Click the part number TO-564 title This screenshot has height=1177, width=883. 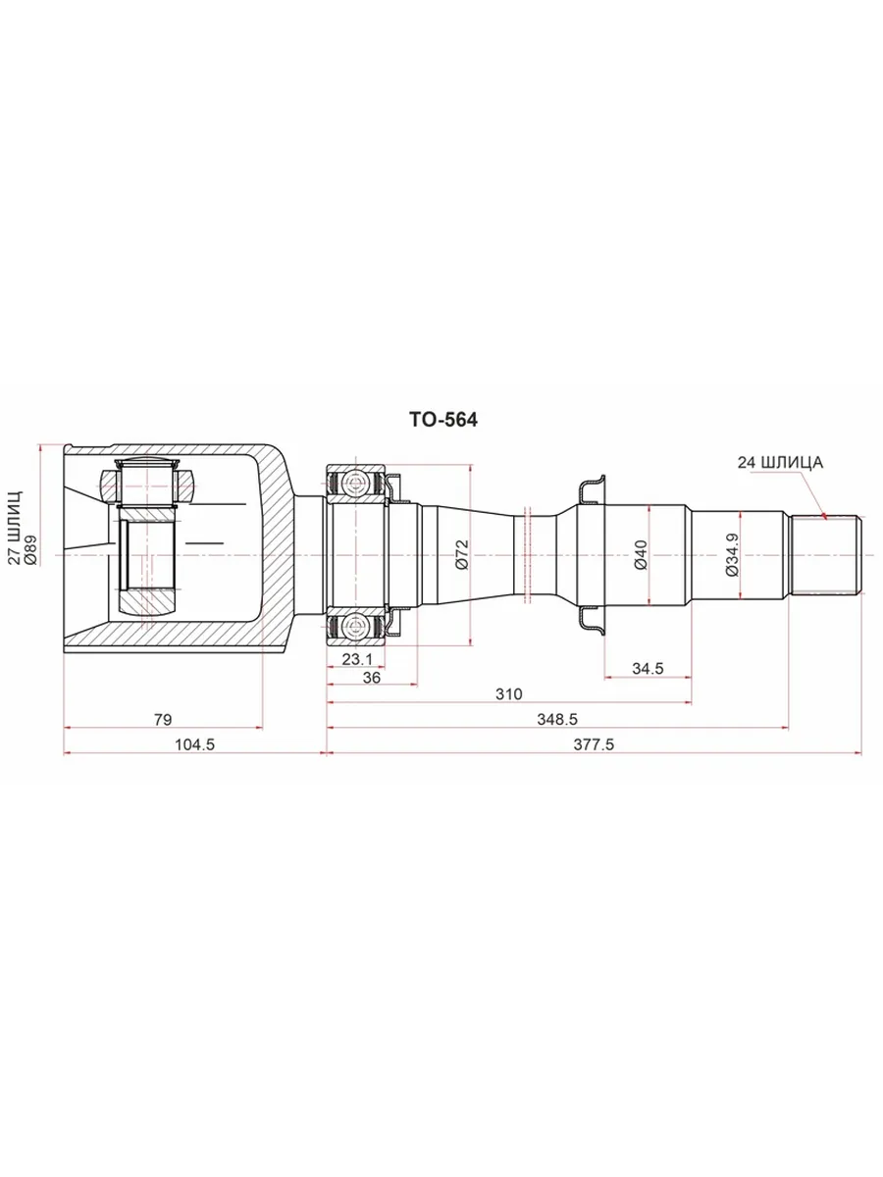(x=442, y=420)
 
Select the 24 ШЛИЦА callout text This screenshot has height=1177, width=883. (x=780, y=462)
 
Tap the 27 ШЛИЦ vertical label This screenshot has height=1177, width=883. (x=16, y=527)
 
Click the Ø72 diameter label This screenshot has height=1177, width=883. (x=461, y=554)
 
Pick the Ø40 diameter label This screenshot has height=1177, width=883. (x=641, y=555)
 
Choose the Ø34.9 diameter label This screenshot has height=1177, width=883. (x=732, y=555)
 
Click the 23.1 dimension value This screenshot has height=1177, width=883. (x=356, y=658)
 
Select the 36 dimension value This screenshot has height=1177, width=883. (x=371, y=677)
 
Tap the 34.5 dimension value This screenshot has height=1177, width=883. (x=648, y=669)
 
